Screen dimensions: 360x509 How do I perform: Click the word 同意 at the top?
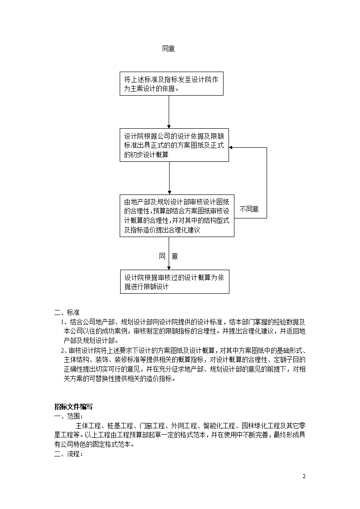[169, 48]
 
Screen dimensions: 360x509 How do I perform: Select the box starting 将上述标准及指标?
[171, 84]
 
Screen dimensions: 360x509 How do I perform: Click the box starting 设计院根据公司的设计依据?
[174, 145]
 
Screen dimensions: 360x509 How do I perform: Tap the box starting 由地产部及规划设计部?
[177, 216]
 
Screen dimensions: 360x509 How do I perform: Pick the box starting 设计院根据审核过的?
[175, 282]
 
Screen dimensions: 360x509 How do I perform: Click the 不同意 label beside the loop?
[249, 209]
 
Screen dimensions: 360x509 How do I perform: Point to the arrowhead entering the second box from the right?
[231, 148]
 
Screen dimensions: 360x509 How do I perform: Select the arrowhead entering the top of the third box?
[169, 193]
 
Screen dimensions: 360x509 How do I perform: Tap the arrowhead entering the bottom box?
[169, 268]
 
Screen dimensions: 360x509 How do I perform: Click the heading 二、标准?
[67, 313]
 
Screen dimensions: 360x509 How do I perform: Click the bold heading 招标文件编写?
[73, 407]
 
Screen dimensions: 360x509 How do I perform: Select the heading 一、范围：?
[68, 416]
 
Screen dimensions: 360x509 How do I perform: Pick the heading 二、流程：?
[68, 454]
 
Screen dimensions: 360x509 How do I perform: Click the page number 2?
[304, 476]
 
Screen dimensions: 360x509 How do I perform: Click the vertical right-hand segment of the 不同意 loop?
[267, 183]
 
